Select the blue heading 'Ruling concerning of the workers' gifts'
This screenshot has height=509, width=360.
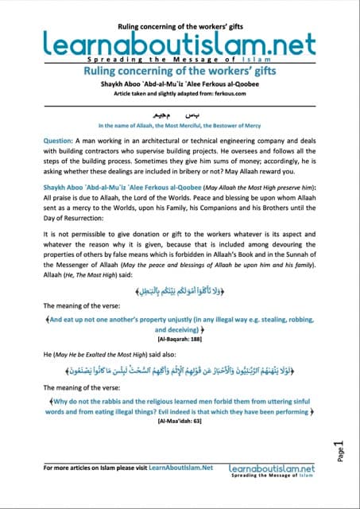pos(180,72)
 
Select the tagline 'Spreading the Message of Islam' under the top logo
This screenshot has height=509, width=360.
pos(179,58)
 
